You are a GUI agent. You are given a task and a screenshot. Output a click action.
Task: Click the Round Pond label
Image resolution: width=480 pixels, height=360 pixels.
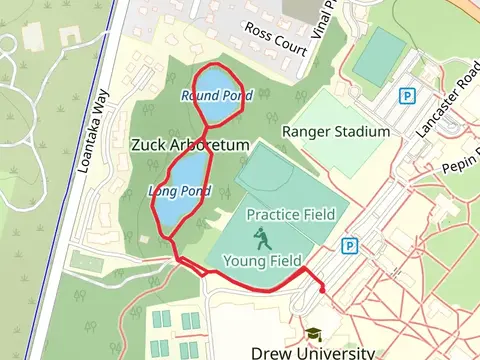(217, 96)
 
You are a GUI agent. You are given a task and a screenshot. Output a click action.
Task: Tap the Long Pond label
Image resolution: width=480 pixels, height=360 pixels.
(179, 190)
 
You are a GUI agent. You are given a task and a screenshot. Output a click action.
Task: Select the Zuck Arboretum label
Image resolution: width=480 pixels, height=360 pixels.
(189, 145)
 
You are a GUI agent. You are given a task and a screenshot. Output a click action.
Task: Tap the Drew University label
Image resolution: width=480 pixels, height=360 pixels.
(313, 352)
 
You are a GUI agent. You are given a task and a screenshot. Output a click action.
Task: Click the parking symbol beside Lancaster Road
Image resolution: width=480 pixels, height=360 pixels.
(407, 96)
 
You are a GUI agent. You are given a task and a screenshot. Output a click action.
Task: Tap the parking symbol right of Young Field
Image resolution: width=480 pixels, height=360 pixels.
(349, 245)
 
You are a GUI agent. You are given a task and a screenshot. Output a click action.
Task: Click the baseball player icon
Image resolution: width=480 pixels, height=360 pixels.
(261, 238)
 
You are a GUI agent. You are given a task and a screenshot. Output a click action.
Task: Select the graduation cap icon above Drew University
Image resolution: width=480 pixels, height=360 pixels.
(313, 333)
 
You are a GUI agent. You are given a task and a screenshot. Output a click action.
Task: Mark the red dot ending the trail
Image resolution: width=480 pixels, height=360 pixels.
(323, 290)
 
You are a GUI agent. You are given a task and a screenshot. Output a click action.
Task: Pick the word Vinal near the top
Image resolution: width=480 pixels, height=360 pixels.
(322, 19)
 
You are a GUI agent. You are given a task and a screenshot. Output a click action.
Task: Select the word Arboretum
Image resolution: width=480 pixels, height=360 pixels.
(214, 145)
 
